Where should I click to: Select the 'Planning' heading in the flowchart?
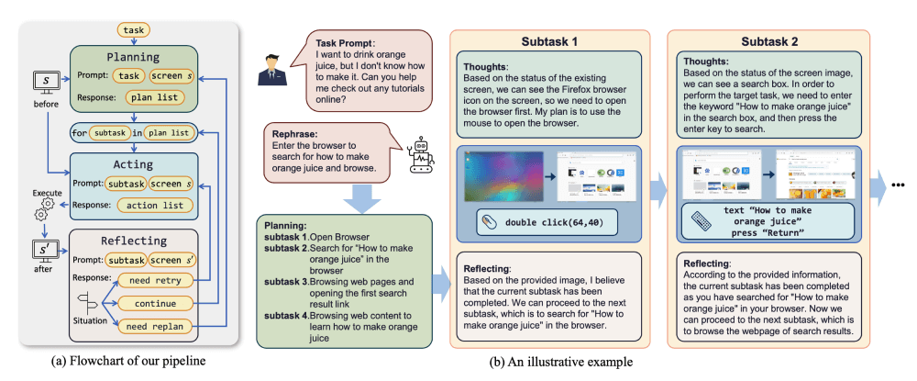pos(134,56)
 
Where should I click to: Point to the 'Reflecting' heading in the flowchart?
pos(134,241)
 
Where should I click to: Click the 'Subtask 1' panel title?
pos(550,42)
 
